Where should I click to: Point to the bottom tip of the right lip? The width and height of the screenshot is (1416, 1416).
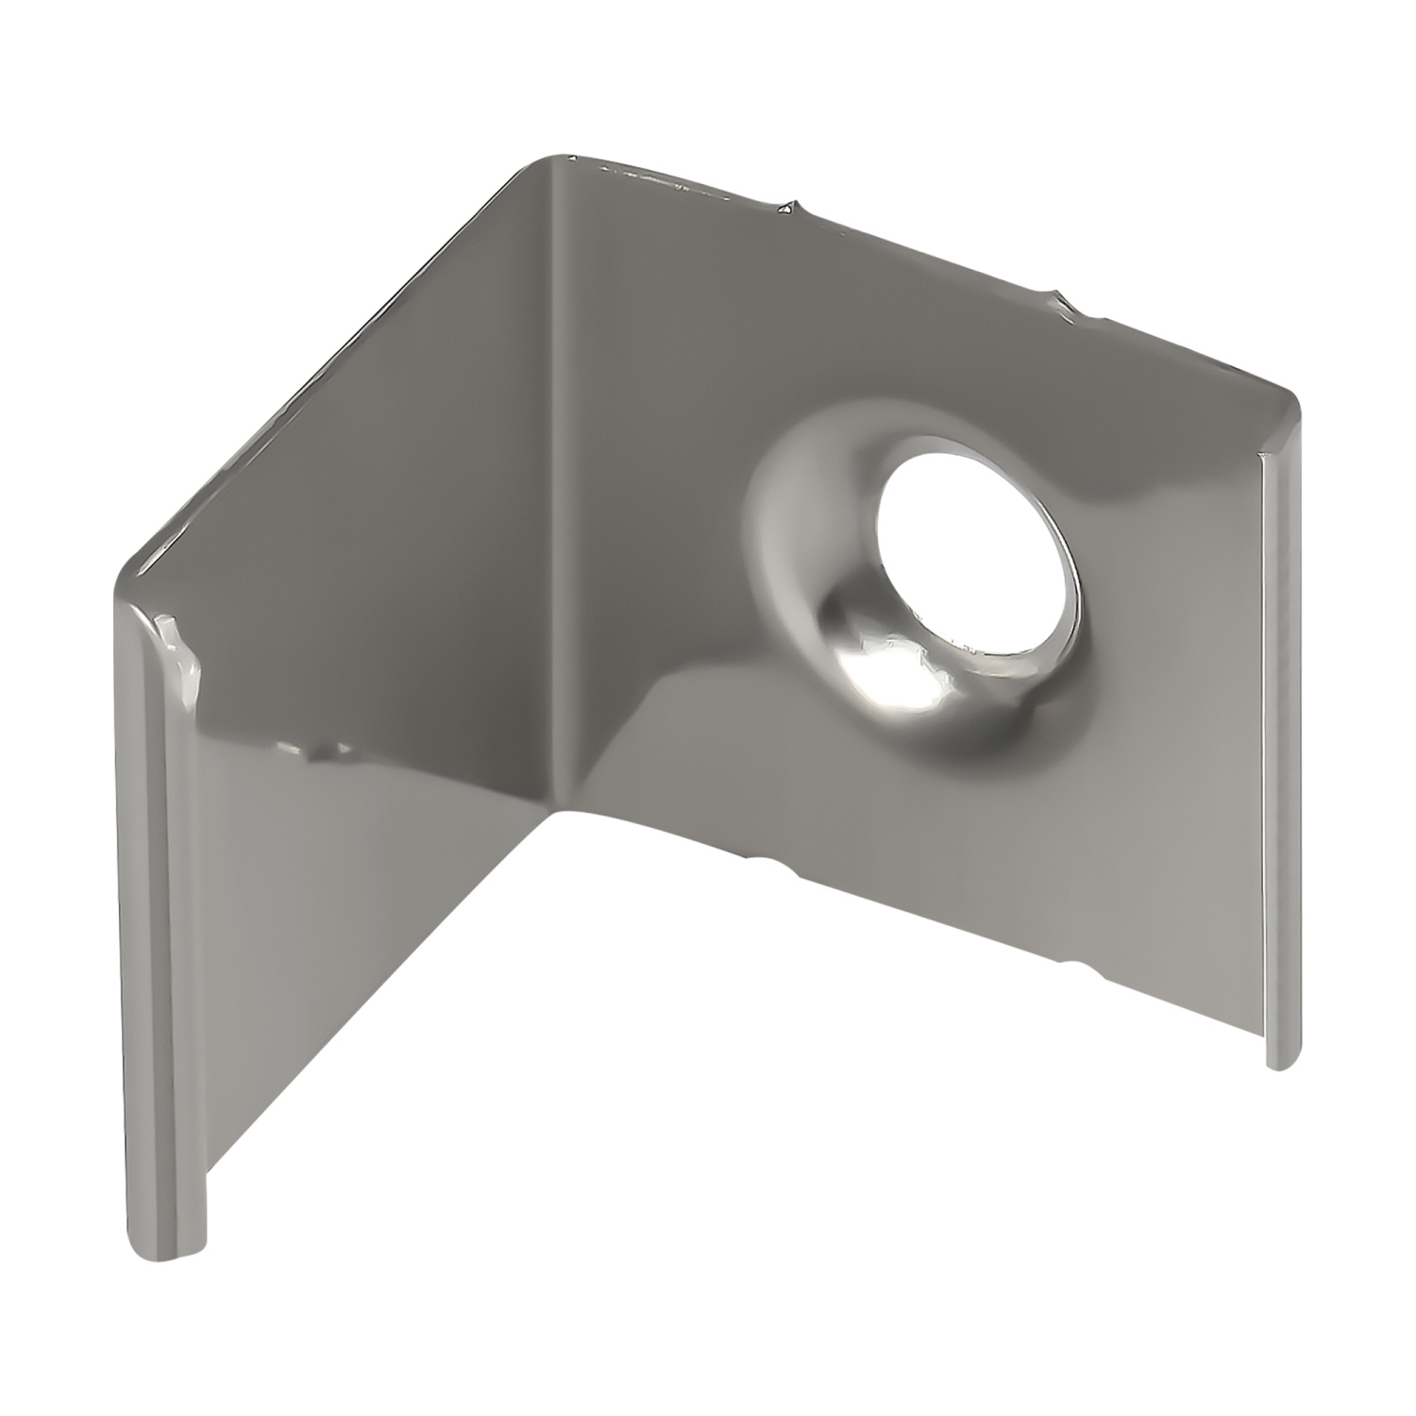click(1280, 1065)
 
